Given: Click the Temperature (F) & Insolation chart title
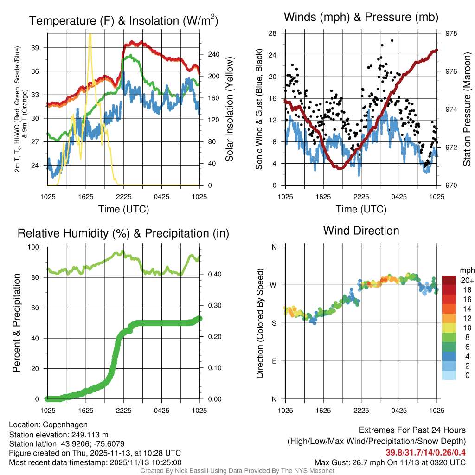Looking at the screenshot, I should pyautogui.click(x=123, y=21).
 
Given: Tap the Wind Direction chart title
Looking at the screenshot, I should pyautogui.click(x=361, y=231).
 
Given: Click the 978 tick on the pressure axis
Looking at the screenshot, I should pyautogui.click(x=451, y=33).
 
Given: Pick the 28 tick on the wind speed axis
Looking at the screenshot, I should pyautogui.click(x=273, y=33).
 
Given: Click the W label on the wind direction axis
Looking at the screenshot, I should pyautogui.click(x=274, y=285).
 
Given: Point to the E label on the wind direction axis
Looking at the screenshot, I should pyautogui.click(x=274, y=361).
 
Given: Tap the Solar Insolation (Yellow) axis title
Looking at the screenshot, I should pyautogui.click(x=229, y=109).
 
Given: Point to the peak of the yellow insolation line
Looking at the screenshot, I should pyautogui.click(x=90, y=34).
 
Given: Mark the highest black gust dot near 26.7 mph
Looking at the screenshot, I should pyautogui.click(x=392, y=40).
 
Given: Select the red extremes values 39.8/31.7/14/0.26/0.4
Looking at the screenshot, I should pyautogui.click(x=425, y=453).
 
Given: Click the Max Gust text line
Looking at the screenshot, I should pyautogui.click(x=390, y=462).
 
